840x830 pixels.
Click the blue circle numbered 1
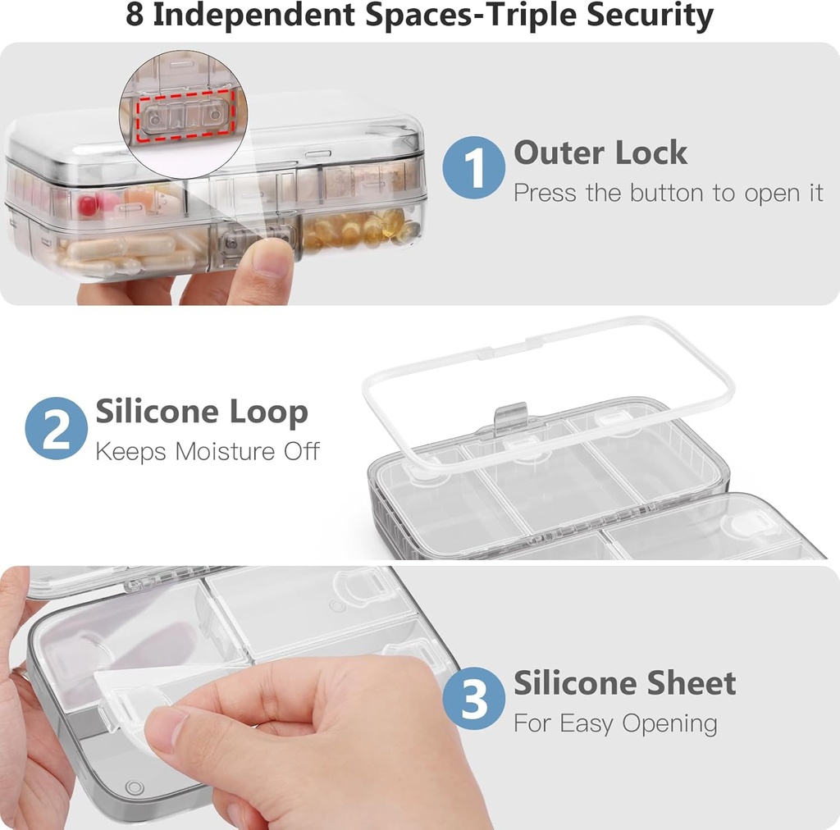pyautogui.click(x=473, y=168)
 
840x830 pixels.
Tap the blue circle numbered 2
pyautogui.click(x=56, y=427)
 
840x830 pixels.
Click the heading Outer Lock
pyautogui.click(x=600, y=153)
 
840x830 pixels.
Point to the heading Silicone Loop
pyautogui.click(x=202, y=412)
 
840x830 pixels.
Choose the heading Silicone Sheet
pyautogui.click(x=624, y=683)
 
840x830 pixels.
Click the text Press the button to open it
pyautogui.click(x=668, y=194)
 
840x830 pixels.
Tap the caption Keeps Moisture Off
pyautogui.click(x=208, y=451)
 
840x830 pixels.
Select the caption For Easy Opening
pyautogui.click(x=615, y=723)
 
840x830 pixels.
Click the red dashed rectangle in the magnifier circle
pyautogui.click(x=185, y=116)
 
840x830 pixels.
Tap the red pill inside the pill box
pyautogui.click(x=88, y=204)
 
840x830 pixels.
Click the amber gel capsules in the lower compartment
pyautogui.click(x=361, y=230)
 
